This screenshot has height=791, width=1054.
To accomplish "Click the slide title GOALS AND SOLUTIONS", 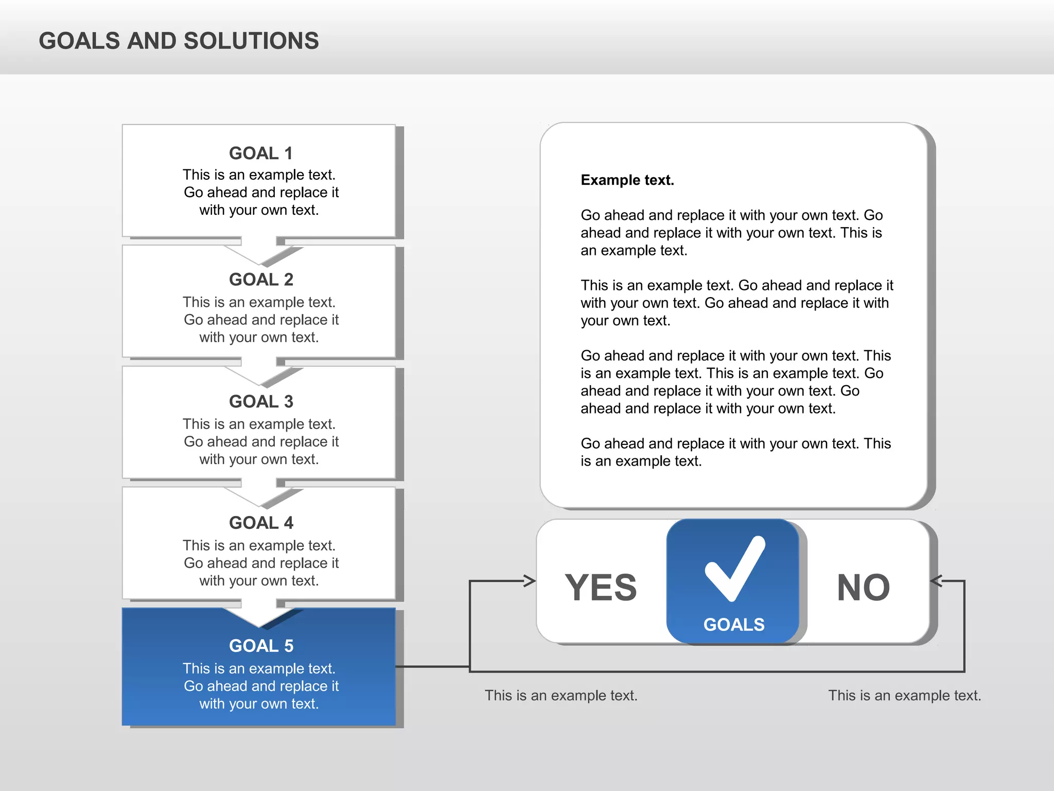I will pos(179,41).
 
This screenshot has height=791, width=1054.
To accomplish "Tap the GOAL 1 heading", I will pos(261,153).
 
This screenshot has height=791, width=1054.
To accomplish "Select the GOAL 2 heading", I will pos(261,279).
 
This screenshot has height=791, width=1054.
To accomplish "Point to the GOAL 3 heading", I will pos(261,401).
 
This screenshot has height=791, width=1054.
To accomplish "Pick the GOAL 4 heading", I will pos(261,523).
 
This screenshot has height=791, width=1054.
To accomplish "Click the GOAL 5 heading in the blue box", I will pos(261,645).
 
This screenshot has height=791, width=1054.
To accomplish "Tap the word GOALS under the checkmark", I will pos(734,625).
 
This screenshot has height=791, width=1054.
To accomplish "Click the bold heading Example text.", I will pos(627,180).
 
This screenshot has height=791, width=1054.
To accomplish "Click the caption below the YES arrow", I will pos(561,695).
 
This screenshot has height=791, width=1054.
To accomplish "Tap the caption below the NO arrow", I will pos(904,695).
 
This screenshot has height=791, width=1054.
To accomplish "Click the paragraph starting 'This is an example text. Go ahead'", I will pos(736,303).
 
